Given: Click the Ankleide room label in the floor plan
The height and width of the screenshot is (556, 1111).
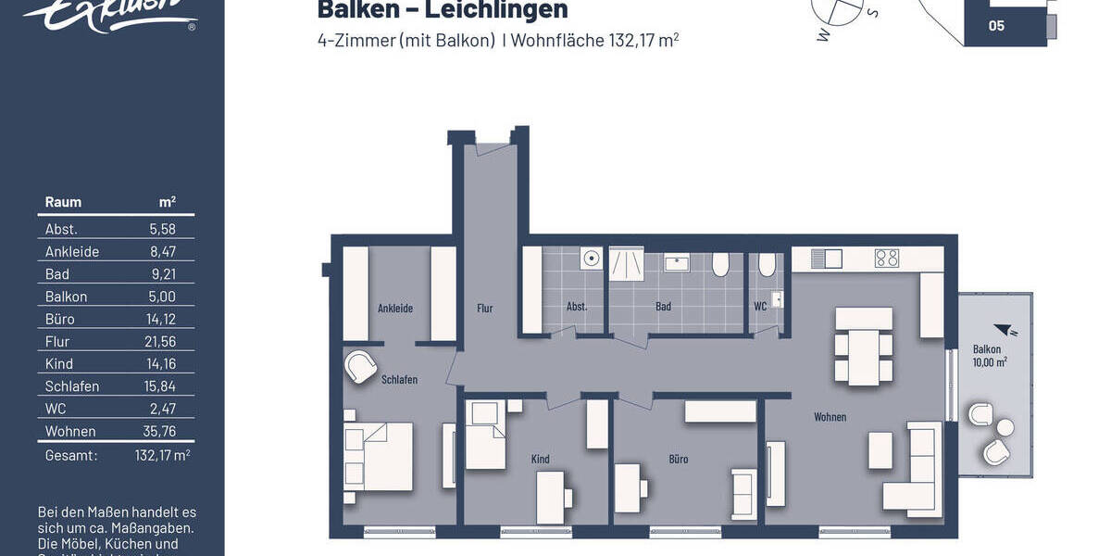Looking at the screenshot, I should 395,309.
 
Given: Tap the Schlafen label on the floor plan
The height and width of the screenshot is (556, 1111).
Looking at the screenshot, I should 399,380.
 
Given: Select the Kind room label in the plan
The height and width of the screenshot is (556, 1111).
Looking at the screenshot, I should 541,460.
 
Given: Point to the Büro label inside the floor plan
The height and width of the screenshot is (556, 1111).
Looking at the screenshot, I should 679,460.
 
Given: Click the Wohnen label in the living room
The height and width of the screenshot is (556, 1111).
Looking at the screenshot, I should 830,417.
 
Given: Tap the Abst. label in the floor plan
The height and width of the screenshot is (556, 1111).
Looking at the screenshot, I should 577,307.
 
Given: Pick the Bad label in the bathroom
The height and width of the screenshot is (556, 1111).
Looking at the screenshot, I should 663,307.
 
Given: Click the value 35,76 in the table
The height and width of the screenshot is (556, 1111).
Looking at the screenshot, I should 161,431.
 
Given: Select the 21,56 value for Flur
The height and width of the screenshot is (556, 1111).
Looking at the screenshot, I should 161,342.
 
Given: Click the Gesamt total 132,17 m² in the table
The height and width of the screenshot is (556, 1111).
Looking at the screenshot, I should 162,455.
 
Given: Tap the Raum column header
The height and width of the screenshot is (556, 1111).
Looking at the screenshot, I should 63,202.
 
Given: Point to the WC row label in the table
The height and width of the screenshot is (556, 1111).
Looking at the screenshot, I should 56,409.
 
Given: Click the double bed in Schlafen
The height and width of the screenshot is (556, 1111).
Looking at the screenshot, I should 379,456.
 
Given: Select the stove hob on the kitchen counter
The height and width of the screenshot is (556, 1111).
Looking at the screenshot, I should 886,259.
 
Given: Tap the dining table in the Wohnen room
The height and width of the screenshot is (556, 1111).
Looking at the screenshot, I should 864,346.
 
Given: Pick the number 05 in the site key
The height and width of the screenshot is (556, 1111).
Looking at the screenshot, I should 996,26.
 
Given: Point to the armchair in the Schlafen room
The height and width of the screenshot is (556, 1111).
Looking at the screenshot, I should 361,367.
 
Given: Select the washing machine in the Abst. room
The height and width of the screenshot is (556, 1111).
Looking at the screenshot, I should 590,259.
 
